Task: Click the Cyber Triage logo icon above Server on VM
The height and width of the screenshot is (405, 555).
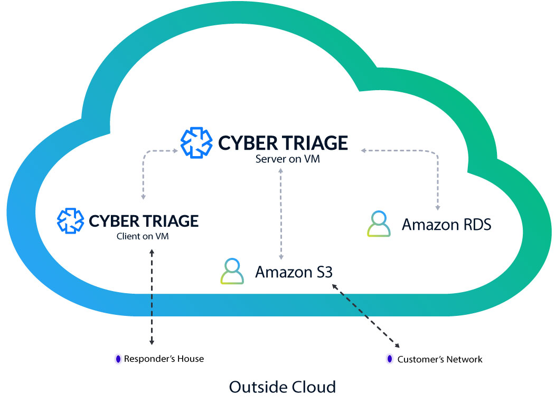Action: [196, 142]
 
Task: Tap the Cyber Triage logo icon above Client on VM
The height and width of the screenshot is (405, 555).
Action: [70, 220]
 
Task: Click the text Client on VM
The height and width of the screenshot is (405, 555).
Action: [143, 236]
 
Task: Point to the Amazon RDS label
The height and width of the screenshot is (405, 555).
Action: [446, 224]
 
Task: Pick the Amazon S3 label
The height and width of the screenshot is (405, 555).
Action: [294, 272]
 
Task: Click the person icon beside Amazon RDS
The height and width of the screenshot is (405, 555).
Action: [379, 224]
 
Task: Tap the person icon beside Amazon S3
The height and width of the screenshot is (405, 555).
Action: [232, 272]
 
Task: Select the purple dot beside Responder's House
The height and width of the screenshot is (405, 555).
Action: [118, 359]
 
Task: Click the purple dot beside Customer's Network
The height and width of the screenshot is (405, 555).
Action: [389, 360]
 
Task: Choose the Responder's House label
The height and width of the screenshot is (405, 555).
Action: [164, 359]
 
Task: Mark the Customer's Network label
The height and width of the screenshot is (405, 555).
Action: [440, 360]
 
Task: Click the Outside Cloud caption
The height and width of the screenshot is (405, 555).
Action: [282, 387]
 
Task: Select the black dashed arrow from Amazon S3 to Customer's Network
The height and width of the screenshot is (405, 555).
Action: [365, 316]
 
